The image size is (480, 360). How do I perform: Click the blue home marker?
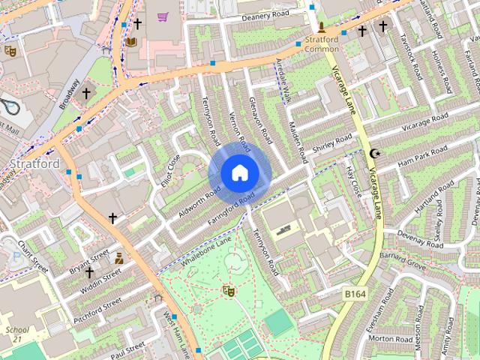tap(239, 173)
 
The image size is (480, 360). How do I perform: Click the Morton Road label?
tap(391, 339)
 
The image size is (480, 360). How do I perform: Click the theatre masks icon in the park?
tap(228, 291)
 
